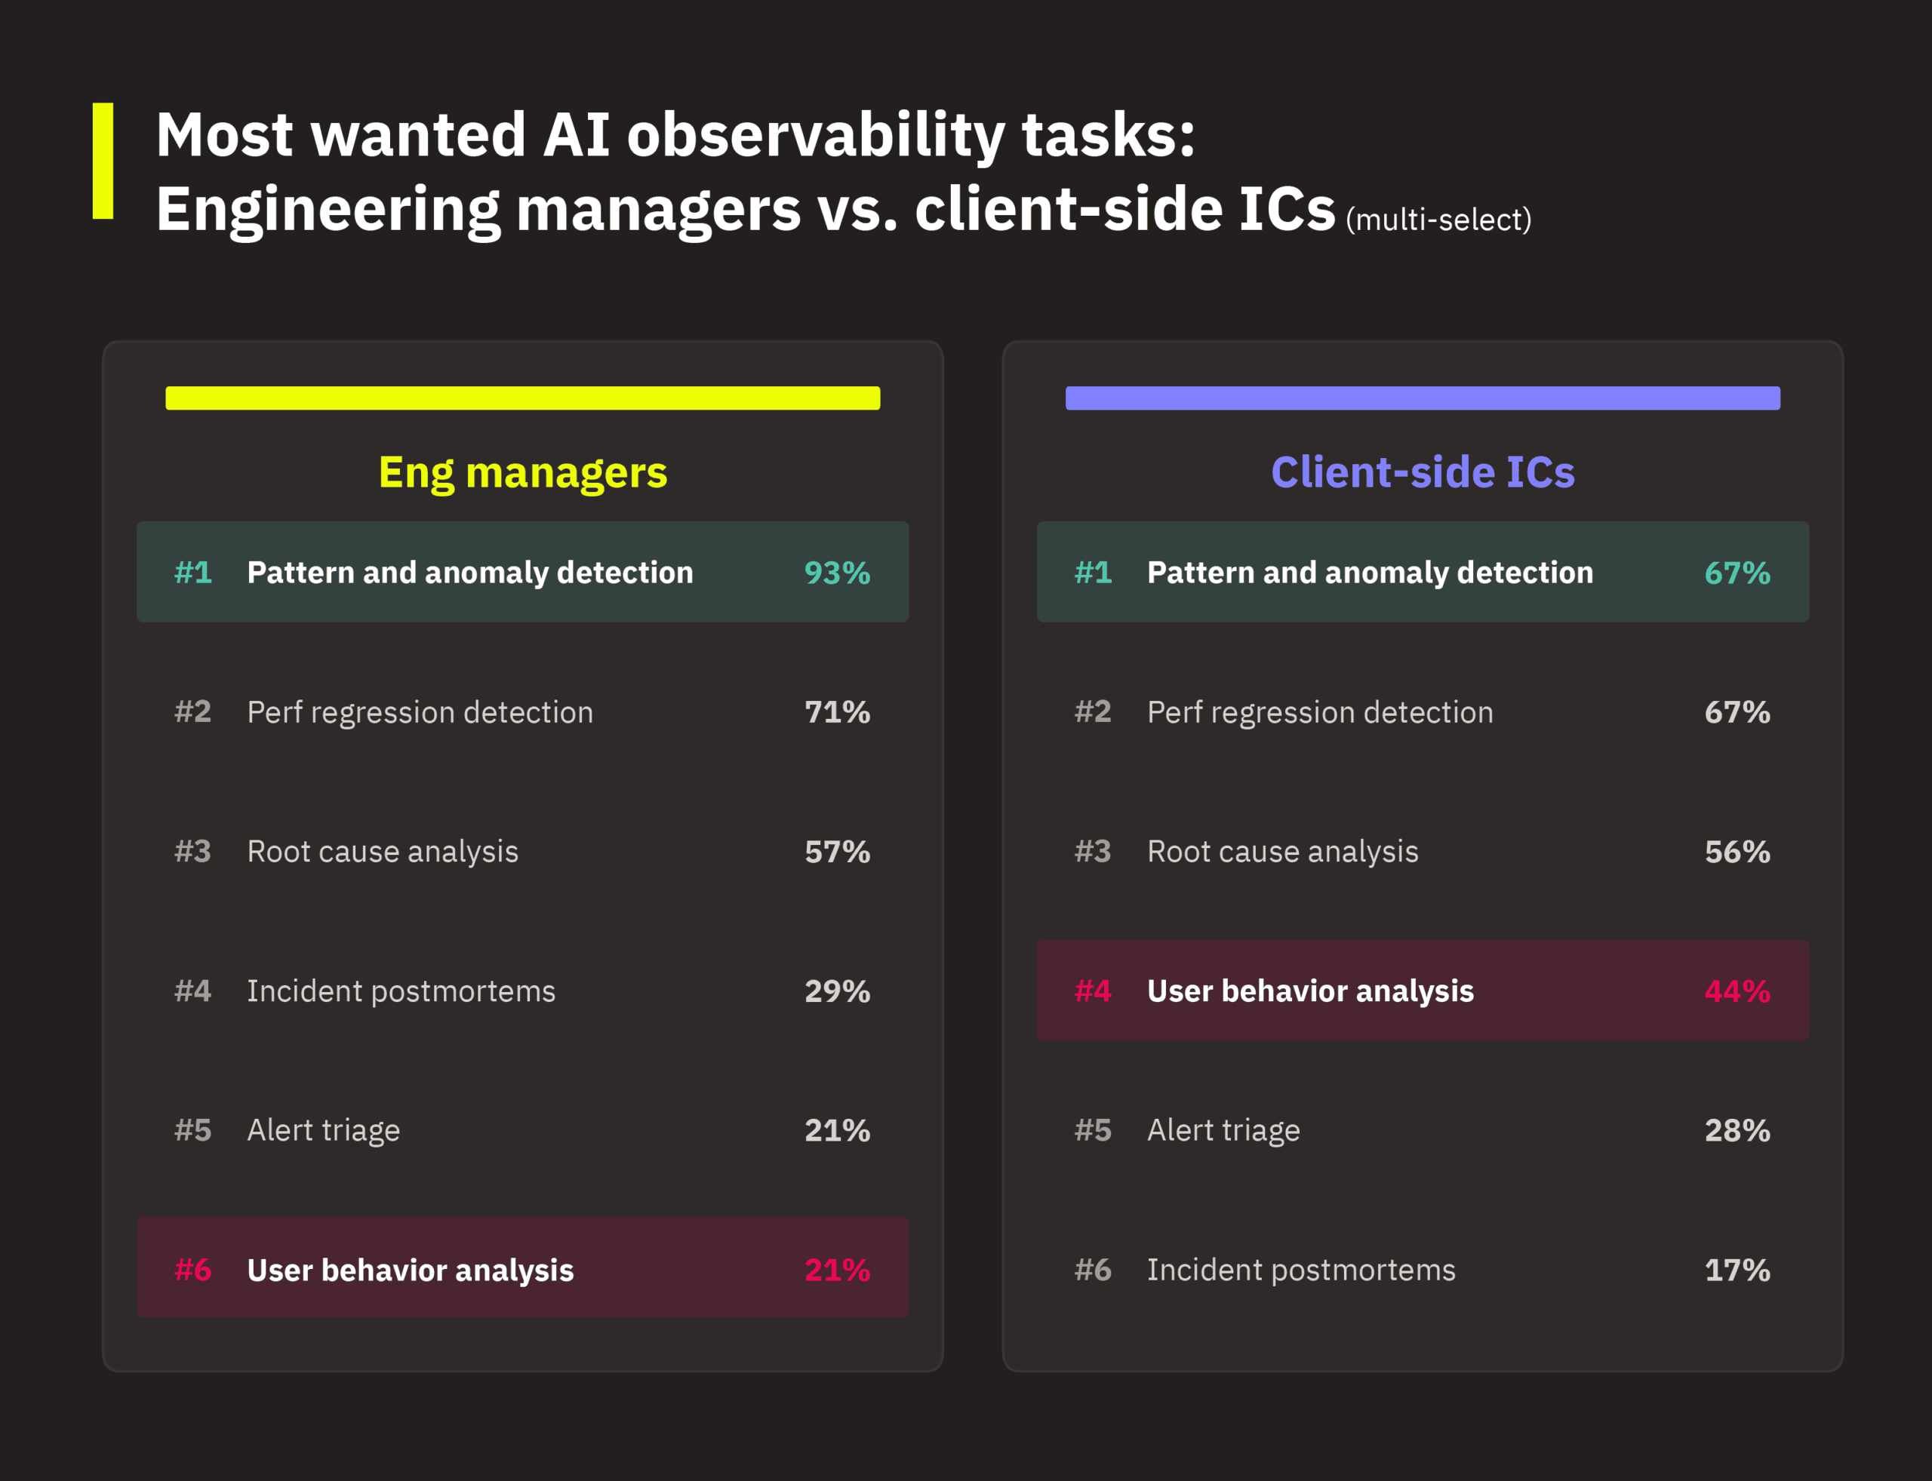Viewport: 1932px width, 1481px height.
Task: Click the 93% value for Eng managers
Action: click(837, 573)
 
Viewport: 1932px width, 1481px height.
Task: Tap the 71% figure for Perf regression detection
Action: click(837, 712)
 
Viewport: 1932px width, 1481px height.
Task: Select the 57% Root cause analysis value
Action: click(837, 852)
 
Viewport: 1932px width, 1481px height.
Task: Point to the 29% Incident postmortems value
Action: click(837, 991)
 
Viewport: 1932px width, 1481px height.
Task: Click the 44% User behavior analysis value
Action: click(1737, 991)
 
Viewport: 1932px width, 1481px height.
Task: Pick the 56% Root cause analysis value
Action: click(1737, 852)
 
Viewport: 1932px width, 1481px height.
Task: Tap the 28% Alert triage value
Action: click(1737, 1130)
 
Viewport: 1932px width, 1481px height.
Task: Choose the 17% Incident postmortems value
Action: click(1737, 1270)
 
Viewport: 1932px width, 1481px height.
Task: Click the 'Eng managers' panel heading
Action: click(523, 472)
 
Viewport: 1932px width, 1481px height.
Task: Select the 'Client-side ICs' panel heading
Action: click(1423, 472)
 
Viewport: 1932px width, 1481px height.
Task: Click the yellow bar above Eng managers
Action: click(523, 398)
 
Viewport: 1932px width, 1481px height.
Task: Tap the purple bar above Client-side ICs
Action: click(1423, 398)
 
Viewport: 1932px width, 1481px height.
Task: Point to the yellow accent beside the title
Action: click(103, 161)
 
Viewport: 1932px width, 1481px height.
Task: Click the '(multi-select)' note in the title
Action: click(1438, 220)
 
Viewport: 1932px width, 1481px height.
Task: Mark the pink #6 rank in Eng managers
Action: click(193, 1270)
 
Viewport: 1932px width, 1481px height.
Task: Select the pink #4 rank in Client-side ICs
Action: click(1093, 991)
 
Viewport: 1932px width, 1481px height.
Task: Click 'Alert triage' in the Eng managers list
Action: click(324, 1130)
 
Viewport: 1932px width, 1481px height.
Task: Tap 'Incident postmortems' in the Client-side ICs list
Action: click(1300, 1270)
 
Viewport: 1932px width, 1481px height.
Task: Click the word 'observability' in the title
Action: click(816, 137)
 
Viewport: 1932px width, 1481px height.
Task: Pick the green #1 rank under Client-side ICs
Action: click(1093, 573)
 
